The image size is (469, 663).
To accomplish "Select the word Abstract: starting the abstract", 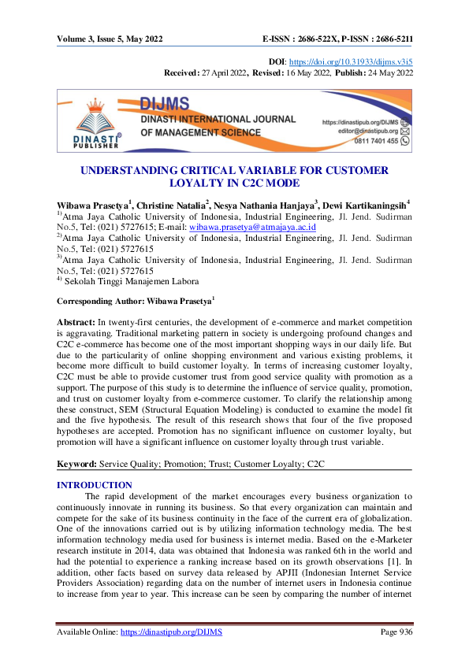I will (76, 324).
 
